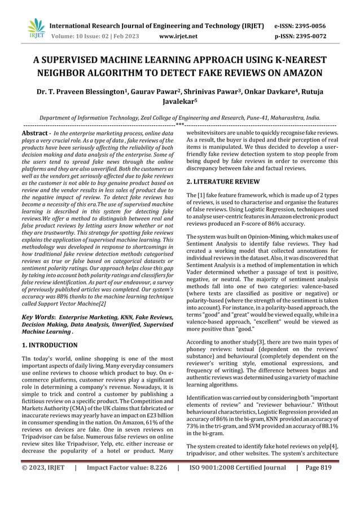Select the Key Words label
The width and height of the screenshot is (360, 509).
pos(38,318)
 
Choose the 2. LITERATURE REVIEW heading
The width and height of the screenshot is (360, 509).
pos(223,182)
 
